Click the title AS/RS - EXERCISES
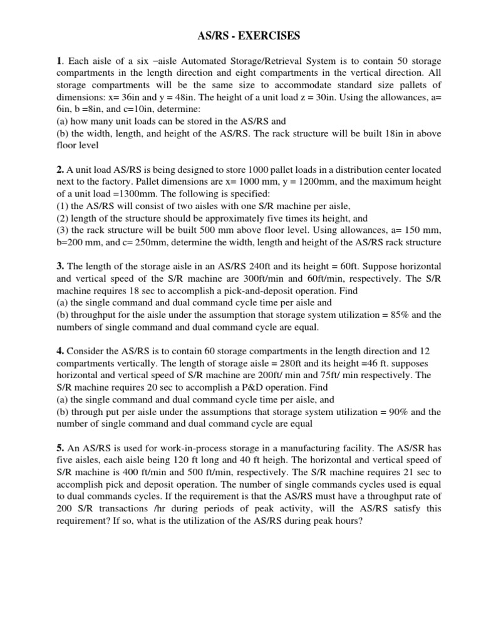240,36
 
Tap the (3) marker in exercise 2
63,230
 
